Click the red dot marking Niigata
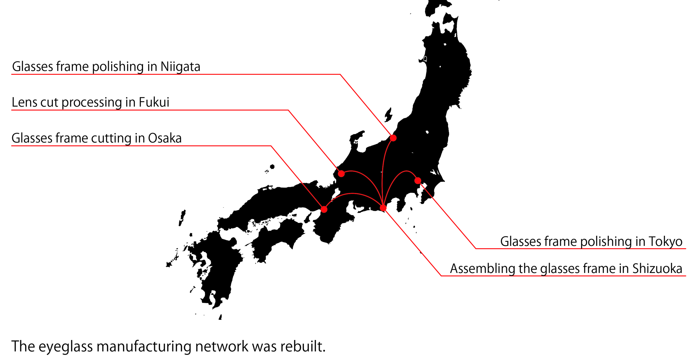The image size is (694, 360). [393, 138]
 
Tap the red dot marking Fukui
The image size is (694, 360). [341, 174]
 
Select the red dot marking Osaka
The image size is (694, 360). [324, 209]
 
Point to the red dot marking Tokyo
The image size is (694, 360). [418, 181]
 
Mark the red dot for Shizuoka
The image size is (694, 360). [383, 208]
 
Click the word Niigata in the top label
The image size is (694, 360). [180, 66]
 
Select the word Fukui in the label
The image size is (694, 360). [154, 102]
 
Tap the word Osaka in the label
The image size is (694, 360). [165, 138]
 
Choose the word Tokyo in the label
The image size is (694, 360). [665, 241]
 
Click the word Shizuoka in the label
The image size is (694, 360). [657, 268]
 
